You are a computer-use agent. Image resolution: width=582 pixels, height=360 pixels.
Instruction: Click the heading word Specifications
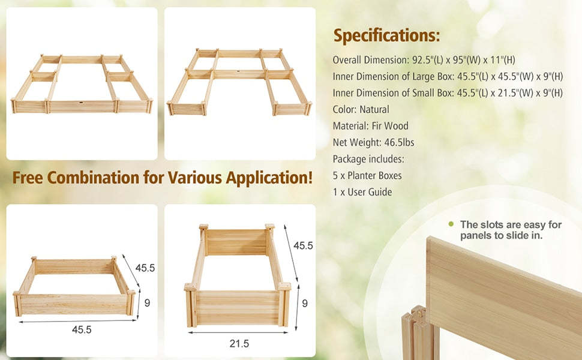pyautogui.click(x=386, y=35)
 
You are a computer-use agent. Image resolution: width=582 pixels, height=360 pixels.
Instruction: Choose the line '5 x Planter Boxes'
pyautogui.click(x=367, y=176)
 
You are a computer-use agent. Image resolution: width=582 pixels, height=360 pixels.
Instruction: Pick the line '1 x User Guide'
pyautogui.click(x=362, y=192)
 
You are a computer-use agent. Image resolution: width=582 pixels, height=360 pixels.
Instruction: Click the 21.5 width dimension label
pyautogui.click(x=239, y=343)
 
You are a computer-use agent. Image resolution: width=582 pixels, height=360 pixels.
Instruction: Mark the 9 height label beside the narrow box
pyautogui.click(x=305, y=304)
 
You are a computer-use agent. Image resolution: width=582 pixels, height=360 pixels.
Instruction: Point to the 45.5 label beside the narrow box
pyautogui.click(x=303, y=246)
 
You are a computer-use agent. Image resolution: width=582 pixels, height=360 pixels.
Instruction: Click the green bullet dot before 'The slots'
pyautogui.click(x=451, y=224)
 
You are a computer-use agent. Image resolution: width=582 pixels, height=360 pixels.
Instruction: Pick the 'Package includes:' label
pyautogui.click(x=368, y=159)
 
